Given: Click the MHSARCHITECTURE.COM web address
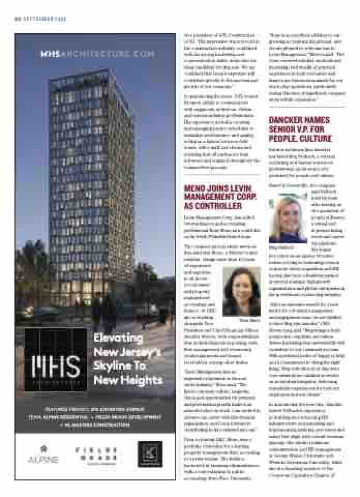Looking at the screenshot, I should click(98, 54).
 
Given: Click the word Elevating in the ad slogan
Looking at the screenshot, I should click(118, 338).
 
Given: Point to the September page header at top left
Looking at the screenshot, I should click(39, 19).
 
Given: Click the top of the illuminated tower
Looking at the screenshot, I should click(85, 72).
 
